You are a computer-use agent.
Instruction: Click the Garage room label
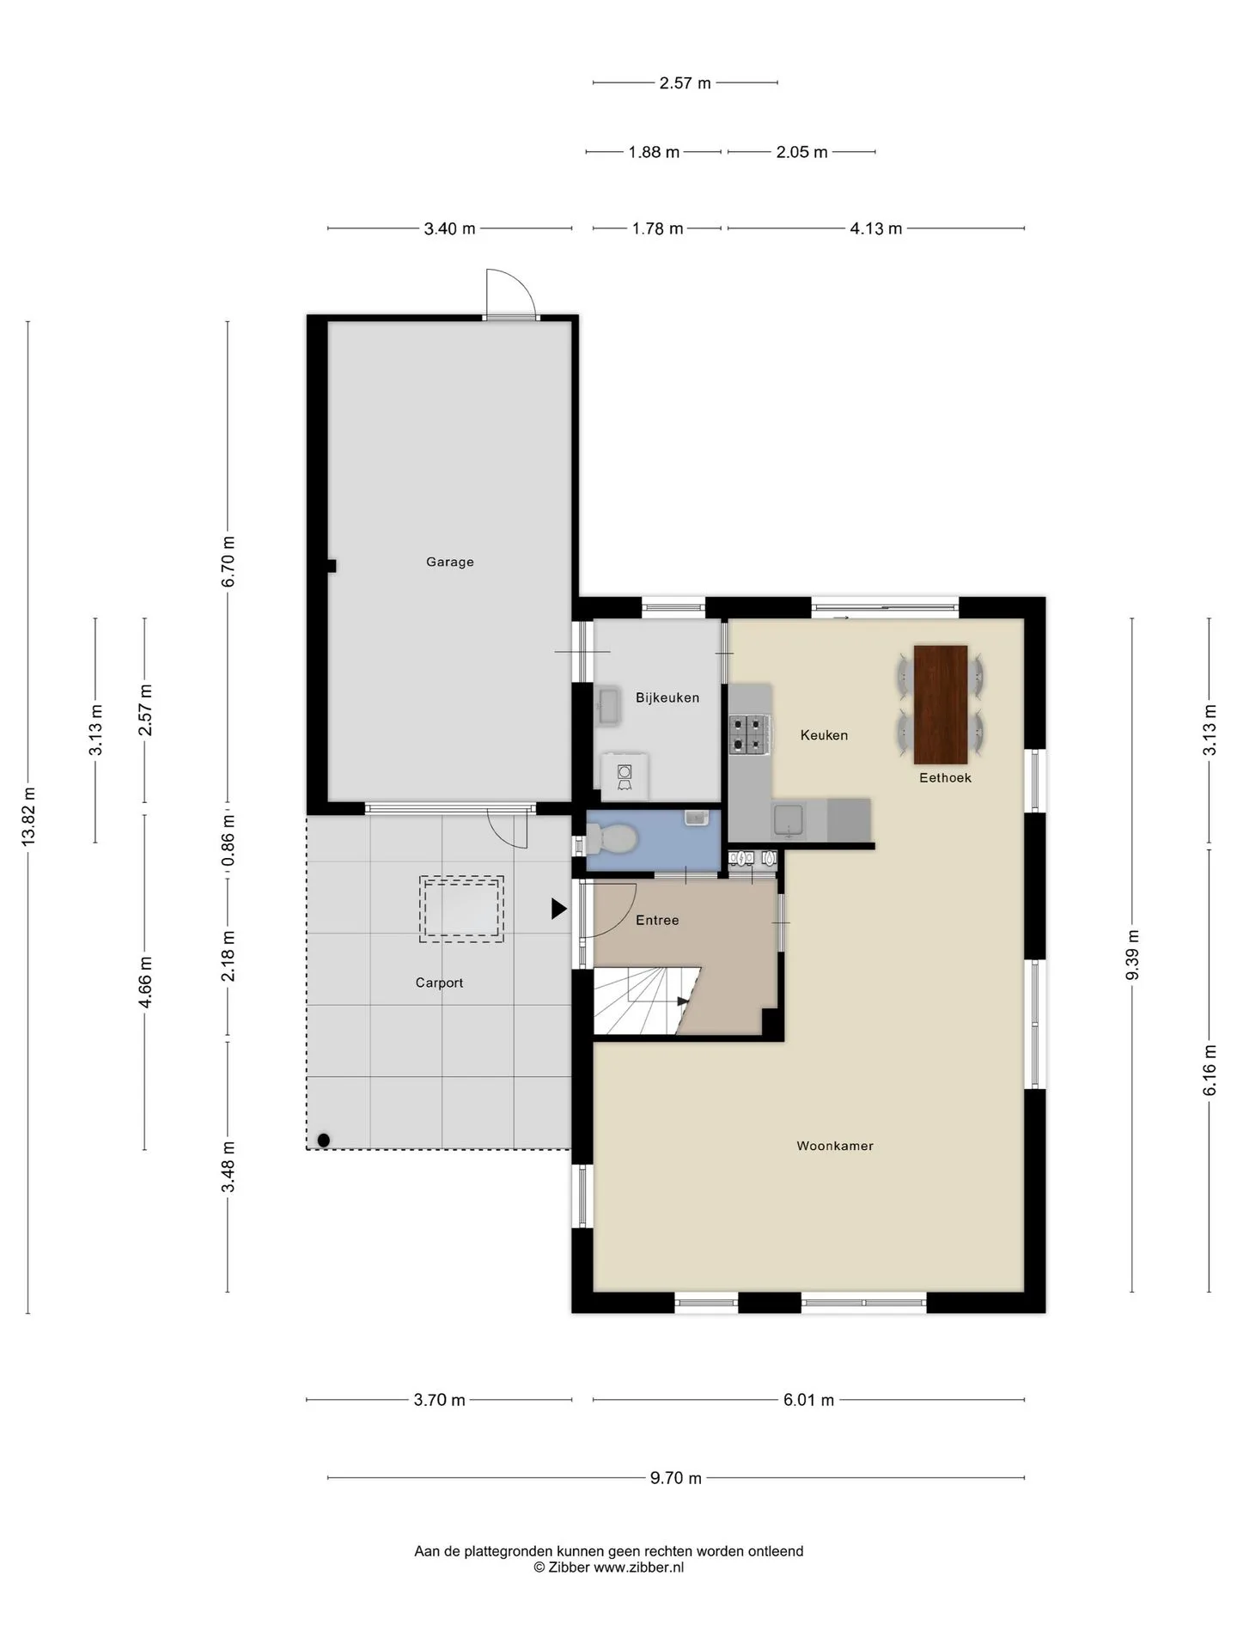coord(450,562)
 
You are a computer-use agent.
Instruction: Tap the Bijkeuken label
coord(667,697)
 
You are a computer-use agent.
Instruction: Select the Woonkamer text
coord(835,1146)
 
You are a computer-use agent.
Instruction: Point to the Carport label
coord(439,983)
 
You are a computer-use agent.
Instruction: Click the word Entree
coord(657,920)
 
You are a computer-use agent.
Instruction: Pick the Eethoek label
coord(945,777)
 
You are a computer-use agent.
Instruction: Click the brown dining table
coord(941,704)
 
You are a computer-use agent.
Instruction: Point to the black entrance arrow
coord(559,909)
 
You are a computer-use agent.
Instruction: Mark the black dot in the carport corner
coord(324,1140)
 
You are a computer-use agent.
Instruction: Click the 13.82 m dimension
coord(28,817)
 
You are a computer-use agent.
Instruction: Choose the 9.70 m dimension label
coord(676,1478)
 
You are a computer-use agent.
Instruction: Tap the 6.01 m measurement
coord(808,1400)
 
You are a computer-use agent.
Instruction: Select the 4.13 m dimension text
coord(876,228)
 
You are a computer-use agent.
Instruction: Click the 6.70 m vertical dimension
coord(228,562)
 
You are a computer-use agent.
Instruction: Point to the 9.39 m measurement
coord(1132,955)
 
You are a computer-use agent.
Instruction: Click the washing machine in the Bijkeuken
coord(625,776)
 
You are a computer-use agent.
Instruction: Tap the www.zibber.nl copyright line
coord(609,1567)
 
